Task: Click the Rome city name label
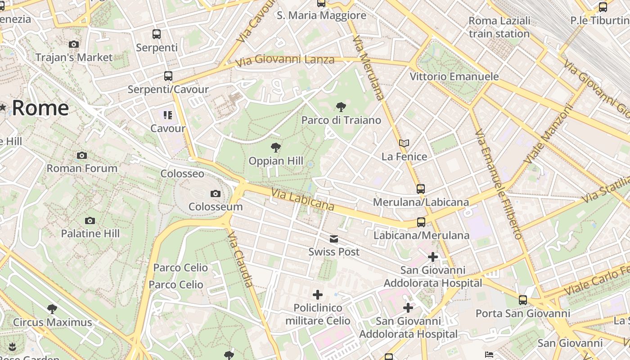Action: click(40, 108)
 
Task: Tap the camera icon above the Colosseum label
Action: click(216, 194)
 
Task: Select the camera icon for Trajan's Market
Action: click(74, 44)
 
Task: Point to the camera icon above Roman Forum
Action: click(82, 156)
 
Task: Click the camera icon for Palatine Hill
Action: click(90, 220)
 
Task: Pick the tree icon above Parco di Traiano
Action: click(341, 107)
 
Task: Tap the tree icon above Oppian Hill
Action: click(275, 148)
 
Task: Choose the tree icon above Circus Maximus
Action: click(52, 309)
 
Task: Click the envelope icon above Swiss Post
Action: click(334, 239)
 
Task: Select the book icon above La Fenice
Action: click(404, 144)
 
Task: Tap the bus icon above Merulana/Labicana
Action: click(421, 189)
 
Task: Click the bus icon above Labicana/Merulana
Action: click(421, 222)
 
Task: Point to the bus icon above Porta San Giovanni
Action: click(522, 300)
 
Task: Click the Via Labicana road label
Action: click(302, 199)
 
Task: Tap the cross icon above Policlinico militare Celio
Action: click(318, 295)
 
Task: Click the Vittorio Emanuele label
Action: click(454, 76)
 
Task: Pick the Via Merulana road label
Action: click(369, 67)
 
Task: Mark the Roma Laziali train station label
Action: click(499, 27)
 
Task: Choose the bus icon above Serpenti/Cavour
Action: click(168, 76)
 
